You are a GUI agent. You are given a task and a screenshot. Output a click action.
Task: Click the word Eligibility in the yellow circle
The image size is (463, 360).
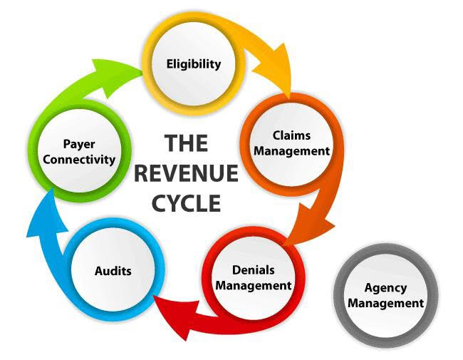194,63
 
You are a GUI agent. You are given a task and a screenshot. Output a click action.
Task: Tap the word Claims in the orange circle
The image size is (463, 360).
292,135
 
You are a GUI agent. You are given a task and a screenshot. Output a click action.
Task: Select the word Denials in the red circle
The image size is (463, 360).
253,270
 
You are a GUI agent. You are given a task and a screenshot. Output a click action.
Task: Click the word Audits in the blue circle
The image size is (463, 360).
113,271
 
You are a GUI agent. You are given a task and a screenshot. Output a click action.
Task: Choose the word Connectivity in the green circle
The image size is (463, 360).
78,160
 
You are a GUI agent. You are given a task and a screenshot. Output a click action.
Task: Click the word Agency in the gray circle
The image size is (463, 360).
385,288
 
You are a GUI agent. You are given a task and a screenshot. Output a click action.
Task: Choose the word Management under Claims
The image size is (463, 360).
292,150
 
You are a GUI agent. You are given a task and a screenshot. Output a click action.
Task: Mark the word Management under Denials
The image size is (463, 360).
253,285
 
